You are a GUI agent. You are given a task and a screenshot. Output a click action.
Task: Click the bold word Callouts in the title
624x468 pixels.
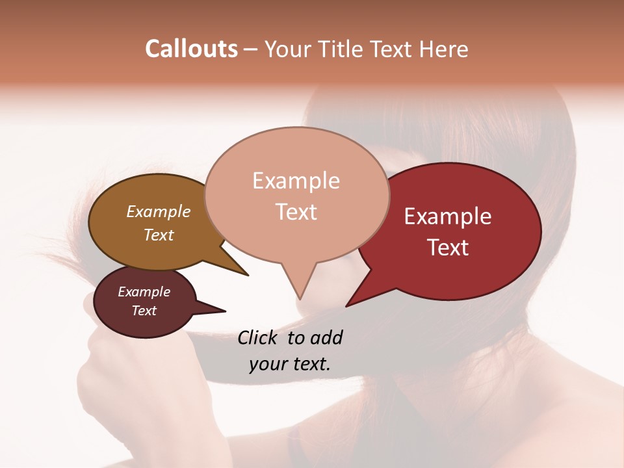(x=191, y=49)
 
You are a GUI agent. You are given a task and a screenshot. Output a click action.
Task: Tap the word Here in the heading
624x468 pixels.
(x=444, y=49)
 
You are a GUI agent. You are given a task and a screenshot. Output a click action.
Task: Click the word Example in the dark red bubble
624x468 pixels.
(x=448, y=216)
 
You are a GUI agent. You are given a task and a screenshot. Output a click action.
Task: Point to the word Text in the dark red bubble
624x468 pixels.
(x=448, y=248)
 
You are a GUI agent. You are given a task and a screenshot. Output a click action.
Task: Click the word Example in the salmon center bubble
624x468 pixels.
(x=296, y=181)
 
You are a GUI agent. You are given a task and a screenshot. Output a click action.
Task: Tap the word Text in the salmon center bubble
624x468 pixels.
(x=296, y=212)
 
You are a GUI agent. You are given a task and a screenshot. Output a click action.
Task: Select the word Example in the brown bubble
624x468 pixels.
(x=159, y=211)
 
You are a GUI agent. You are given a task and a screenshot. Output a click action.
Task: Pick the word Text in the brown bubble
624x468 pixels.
(x=159, y=235)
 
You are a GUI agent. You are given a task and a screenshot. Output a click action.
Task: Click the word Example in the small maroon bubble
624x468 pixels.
(x=144, y=292)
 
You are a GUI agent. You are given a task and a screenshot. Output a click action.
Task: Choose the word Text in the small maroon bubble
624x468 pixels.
(x=144, y=311)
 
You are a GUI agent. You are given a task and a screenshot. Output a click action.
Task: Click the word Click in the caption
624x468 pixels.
(x=257, y=337)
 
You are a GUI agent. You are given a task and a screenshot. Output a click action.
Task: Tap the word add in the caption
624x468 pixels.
(x=326, y=337)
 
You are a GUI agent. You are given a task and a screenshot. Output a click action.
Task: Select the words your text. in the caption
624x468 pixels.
(x=290, y=364)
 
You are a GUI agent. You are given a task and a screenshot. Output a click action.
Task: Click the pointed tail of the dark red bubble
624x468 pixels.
(x=347, y=305)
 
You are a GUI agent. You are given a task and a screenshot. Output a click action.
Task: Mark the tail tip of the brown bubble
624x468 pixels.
(x=248, y=275)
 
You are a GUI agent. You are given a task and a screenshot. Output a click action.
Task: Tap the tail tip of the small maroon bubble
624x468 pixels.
(x=225, y=311)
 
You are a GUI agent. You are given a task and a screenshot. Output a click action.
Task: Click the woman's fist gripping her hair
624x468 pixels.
(x=110, y=364)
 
